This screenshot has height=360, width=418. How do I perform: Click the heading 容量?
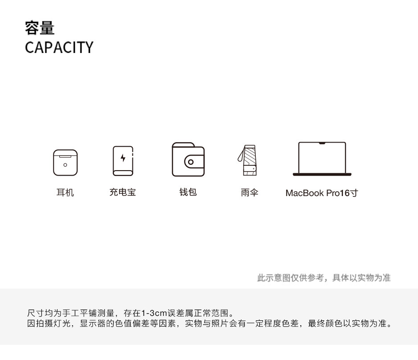(40, 28)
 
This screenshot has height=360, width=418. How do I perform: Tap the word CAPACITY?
(59, 47)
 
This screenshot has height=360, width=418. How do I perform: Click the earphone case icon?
(65, 162)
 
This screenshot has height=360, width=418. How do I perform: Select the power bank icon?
(123, 160)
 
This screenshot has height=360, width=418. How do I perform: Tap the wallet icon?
(188, 160)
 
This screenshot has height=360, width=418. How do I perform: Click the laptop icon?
(322, 159)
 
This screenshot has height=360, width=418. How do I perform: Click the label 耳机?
(65, 193)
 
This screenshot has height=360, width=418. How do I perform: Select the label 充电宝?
(123, 192)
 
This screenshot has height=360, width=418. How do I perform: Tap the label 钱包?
(188, 192)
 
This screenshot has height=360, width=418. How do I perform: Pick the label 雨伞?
(250, 193)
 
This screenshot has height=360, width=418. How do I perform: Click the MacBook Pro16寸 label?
(321, 193)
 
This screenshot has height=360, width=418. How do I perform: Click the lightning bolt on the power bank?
(123, 158)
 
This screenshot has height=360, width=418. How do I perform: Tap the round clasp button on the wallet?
(191, 162)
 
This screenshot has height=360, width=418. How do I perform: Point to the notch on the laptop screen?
(322, 143)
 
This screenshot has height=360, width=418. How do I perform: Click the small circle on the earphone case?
(65, 165)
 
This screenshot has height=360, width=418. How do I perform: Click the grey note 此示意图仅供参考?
(324, 278)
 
